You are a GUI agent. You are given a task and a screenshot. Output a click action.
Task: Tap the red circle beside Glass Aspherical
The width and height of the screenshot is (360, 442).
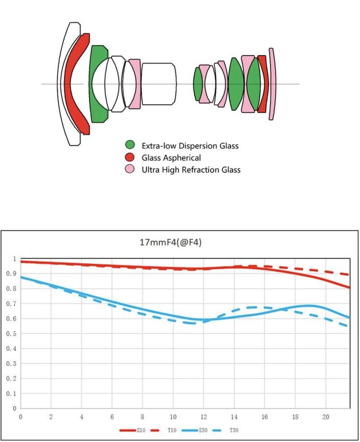[x=130, y=157]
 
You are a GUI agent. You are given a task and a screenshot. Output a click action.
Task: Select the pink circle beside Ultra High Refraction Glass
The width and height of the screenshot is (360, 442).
[x=130, y=170]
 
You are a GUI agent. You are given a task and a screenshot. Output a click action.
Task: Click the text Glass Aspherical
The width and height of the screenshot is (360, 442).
[x=171, y=157]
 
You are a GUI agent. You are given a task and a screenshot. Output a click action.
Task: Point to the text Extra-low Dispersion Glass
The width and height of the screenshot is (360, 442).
[x=190, y=145]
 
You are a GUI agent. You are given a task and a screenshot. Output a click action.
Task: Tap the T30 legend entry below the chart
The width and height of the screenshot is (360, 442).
[x=233, y=430]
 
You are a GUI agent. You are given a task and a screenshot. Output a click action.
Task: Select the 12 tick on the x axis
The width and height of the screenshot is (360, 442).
[x=203, y=418]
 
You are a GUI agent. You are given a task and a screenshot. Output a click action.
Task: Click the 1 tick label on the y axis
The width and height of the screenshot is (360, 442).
[x=14, y=258]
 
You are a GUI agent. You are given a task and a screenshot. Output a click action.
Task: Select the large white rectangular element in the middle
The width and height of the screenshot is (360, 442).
[x=158, y=84]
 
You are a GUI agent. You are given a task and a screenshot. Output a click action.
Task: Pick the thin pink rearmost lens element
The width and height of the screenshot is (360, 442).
[x=273, y=84]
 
